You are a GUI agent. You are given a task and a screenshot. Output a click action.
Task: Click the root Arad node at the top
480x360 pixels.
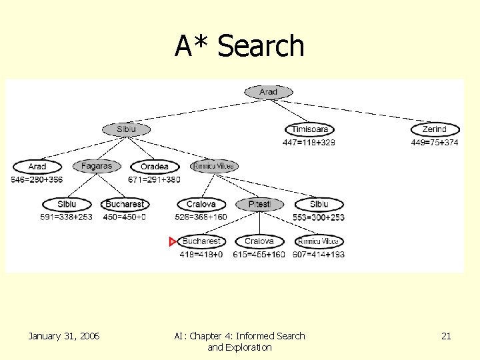(x=268, y=92)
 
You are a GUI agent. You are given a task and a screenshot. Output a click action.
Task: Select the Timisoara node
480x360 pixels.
(x=309, y=129)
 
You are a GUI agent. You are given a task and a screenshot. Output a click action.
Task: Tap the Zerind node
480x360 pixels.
(x=434, y=129)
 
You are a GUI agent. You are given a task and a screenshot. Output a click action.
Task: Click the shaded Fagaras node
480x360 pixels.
(x=97, y=166)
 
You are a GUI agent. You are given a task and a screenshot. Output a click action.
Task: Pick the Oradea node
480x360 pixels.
(x=155, y=167)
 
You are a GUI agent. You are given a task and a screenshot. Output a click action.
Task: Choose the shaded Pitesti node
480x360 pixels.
(x=259, y=204)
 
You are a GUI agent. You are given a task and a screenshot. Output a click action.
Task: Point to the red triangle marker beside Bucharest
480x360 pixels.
(x=173, y=241)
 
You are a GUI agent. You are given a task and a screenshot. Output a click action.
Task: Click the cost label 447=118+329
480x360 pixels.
(x=309, y=142)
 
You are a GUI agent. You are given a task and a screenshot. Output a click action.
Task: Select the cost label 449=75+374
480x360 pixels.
(x=434, y=142)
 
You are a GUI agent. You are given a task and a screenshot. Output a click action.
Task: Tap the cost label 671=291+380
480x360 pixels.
(x=154, y=179)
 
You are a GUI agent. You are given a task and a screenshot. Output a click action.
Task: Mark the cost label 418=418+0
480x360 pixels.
(x=201, y=254)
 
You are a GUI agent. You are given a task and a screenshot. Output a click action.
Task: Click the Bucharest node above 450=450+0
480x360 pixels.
(x=125, y=204)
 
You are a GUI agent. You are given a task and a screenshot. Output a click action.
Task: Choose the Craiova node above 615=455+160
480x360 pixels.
(x=259, y=241)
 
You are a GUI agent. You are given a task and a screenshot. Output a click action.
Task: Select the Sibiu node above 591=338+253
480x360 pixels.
(x=67, y=204)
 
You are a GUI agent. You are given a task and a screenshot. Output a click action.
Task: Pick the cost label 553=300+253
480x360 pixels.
(x=319, y=217)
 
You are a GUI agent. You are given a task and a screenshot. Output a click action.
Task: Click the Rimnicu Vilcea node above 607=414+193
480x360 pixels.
(x=318, y=241)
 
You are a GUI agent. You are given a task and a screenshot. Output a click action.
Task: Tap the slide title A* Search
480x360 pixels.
(x=239, y=46)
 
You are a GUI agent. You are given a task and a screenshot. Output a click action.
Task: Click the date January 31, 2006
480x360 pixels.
(x=64, y=336)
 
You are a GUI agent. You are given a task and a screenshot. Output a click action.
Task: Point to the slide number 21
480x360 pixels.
(x=446, y=336)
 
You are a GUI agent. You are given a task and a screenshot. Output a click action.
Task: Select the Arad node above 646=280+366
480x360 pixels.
(x=37, y=167)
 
